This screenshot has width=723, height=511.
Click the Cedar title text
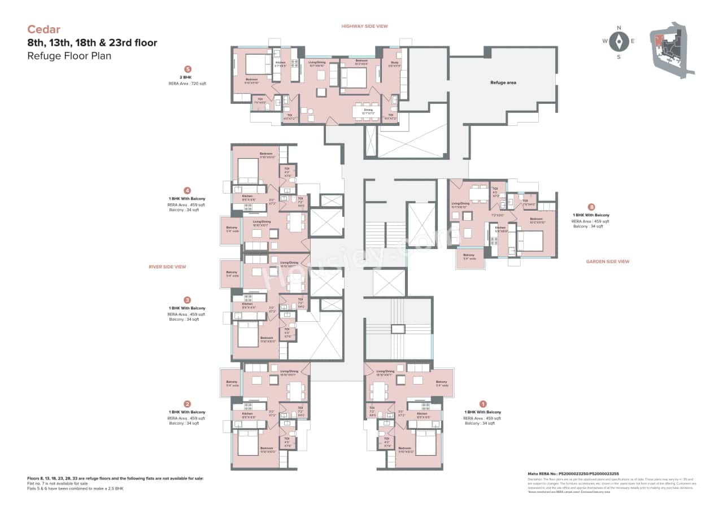coord(43,29)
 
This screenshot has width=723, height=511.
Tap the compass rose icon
coord(619,41)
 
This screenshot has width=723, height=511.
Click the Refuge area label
coord(503,82)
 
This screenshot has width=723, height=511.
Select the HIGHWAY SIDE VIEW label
coord(364,26)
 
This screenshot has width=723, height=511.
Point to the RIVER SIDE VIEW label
coord(167,267)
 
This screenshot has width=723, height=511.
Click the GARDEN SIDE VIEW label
coord(608,261)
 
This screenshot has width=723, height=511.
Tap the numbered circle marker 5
coord(188,69)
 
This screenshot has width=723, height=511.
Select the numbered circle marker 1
coord(483,404)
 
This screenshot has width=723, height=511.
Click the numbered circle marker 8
coord(591,207)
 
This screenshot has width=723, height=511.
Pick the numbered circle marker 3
coord(188,300)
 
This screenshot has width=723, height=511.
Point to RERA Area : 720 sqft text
coord(188,84)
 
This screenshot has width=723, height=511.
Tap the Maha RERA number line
coord(572,473)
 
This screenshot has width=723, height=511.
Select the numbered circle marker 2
coord(188,404)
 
